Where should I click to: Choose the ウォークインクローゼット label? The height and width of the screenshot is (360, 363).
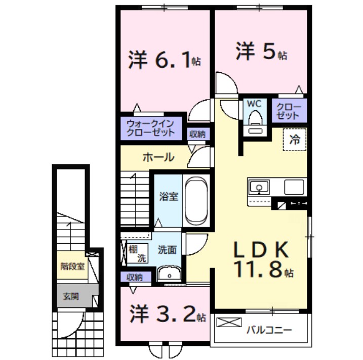click(150, 128)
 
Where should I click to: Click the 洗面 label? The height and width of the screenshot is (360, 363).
click(167, 249)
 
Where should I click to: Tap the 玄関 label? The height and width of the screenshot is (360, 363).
click(70, 296)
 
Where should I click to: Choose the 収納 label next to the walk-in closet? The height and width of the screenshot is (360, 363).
click(197, 134)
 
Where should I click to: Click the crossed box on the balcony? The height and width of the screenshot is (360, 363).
click(229, 322)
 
